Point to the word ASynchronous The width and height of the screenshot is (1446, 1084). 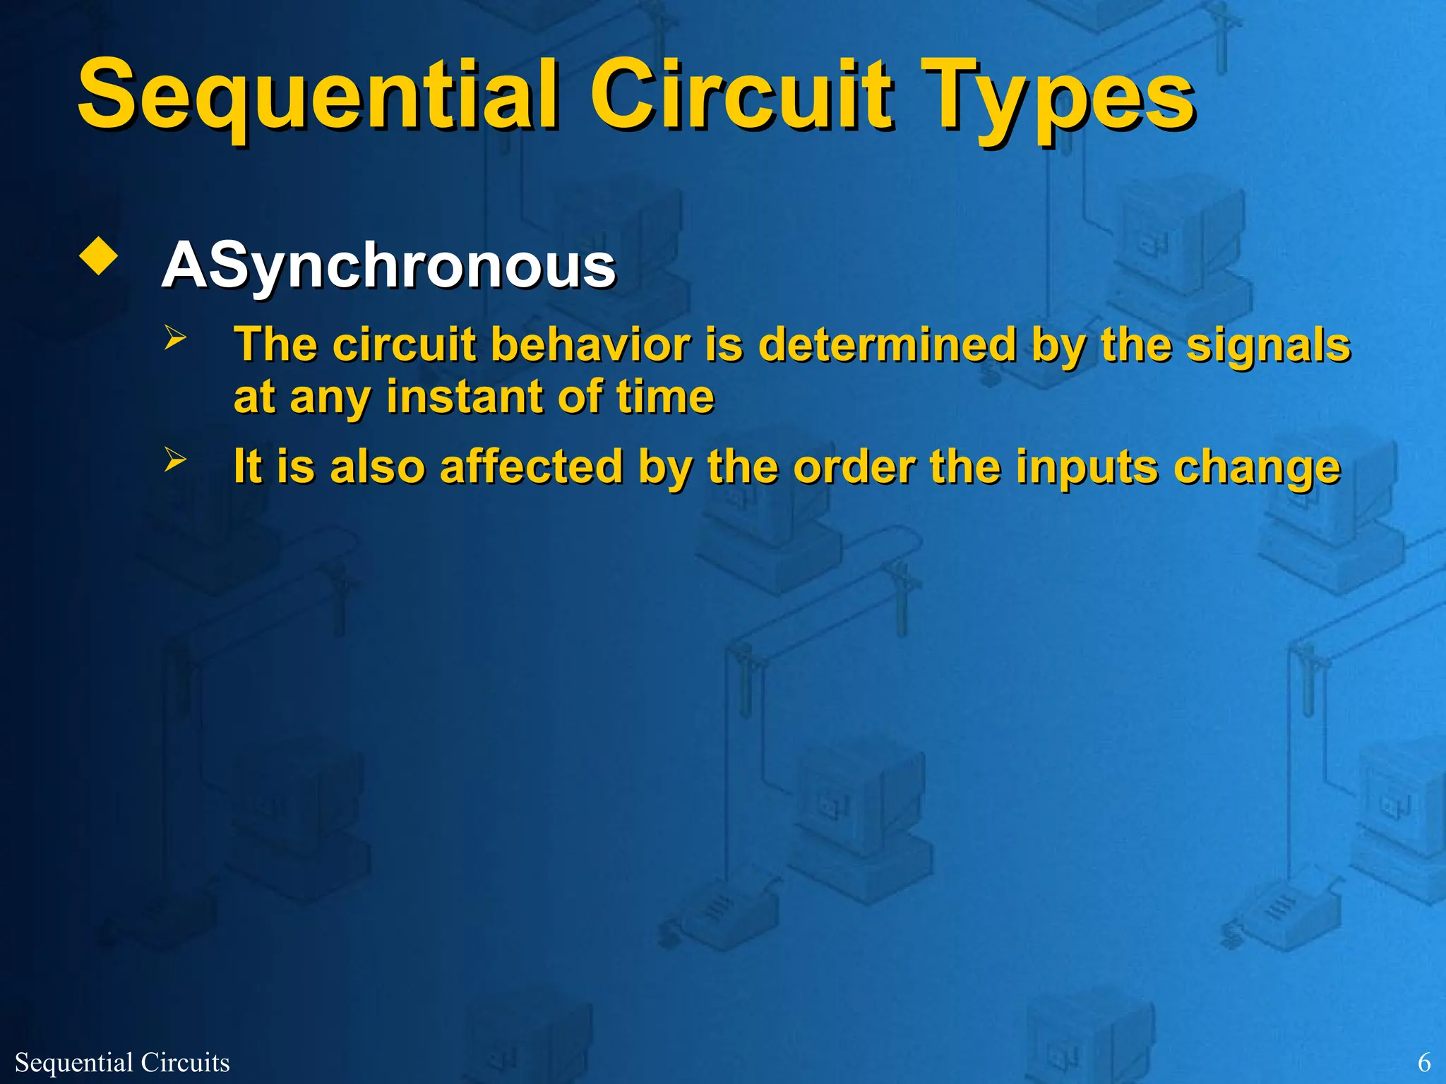[389, 266]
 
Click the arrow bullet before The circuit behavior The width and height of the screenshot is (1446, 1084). [175, 337]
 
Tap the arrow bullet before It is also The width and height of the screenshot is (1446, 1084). [175, 459]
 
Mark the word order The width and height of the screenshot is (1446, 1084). [854, 466]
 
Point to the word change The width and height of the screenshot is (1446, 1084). [1256, 466]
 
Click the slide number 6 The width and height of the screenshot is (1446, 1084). [1424, 1062]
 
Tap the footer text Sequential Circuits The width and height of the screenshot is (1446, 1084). [122, 1062]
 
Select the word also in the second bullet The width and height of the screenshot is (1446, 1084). [378, 466]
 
